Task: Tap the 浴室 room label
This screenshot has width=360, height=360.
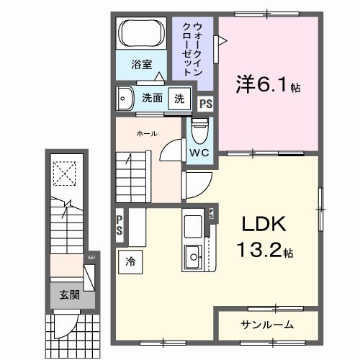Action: (x=142, y=65)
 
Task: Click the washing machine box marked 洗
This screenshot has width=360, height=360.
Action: (x=177, y=97)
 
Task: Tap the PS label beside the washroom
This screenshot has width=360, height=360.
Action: (x=206, y=103)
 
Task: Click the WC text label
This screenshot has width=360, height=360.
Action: (x=199, y=153)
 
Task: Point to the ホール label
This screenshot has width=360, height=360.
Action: (x=148, y=134)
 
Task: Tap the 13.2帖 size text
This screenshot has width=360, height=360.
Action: (x=267, y=253)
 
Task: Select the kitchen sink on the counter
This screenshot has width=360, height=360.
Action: (x=194, y=255)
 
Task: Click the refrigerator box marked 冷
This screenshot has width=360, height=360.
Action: (x=130, y=261)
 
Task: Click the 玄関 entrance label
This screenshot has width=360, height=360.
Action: (x=69, y=296)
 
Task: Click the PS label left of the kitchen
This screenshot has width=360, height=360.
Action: (x=120, y=225)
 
